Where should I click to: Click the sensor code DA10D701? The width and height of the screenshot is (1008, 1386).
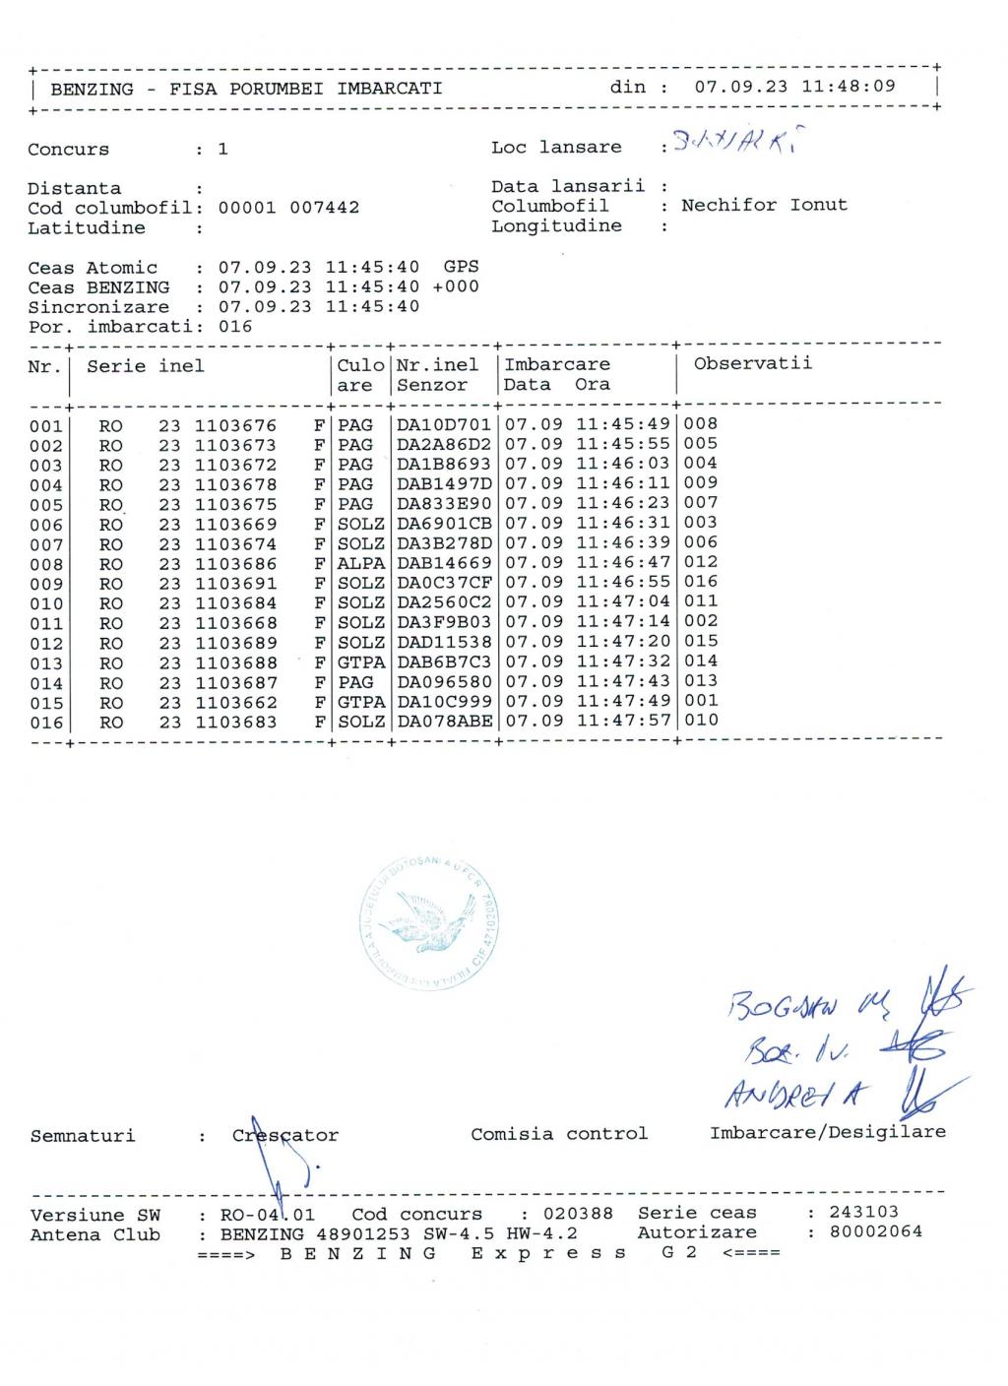(443, 425)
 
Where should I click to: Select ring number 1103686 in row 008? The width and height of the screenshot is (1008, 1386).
(235, 564)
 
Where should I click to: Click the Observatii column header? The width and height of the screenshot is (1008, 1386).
(752, 363)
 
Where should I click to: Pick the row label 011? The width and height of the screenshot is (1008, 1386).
(45, 624)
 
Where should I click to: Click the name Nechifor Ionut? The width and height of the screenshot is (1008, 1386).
(764, 206)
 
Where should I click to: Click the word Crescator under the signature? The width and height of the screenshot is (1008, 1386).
(285, 1135)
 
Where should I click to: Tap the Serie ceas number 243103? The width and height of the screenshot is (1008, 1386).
(863, 1212)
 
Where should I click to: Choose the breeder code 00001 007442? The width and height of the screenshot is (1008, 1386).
(288, 208)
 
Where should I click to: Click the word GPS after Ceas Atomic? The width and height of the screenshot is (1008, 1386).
(461, 267)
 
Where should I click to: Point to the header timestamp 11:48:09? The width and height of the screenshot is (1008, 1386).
(849, 87)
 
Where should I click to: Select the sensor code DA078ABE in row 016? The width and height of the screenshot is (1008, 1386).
(443, 722)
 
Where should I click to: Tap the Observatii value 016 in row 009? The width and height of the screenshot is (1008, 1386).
(701, 582)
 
